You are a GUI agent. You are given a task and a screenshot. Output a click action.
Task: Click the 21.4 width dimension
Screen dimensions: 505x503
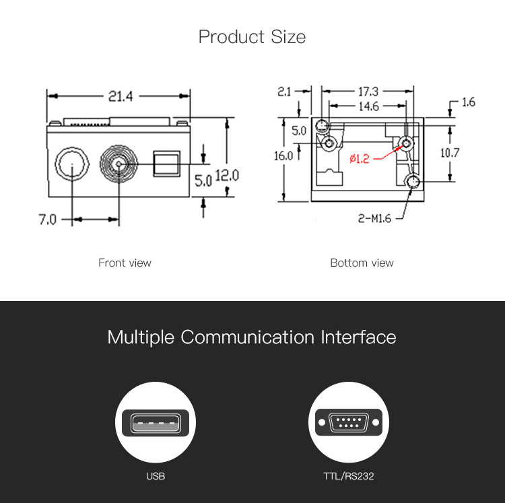click(x=121, y=96)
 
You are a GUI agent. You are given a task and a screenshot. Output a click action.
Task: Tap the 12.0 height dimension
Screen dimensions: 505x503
click(x=227, y=175)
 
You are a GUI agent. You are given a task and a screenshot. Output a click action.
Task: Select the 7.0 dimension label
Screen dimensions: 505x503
click(x=47, y=220)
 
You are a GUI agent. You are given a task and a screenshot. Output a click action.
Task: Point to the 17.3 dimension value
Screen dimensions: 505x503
click(x=367, y=91)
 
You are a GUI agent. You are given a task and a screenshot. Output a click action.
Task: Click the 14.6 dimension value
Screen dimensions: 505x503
click(x=368, y=106)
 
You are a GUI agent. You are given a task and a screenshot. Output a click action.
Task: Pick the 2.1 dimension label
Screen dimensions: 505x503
click(x=284, y=91)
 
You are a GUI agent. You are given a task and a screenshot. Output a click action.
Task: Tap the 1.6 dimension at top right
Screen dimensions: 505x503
click(x=468, y=102)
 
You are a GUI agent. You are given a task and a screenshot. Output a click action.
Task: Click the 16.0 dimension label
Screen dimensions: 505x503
click(x=283, y=156)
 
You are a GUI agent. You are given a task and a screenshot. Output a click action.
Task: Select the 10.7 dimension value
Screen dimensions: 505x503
click(x=449, y=153)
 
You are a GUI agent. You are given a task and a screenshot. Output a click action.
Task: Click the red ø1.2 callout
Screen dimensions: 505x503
click(x=360, y=159)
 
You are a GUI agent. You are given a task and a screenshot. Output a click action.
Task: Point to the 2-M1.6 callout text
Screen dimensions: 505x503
click(x=374, y=217)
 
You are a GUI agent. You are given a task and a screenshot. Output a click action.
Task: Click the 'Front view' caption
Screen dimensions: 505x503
click(x=125, y=263)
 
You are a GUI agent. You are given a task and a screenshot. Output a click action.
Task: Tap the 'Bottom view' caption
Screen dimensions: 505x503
click(x=362, y=263)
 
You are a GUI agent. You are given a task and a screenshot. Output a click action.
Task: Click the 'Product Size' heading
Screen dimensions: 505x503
click(x=252, y=36)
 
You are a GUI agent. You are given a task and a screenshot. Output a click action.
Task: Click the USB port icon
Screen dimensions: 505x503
click(x=156, y=424)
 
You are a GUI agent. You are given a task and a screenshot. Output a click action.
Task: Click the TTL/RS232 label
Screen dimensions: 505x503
click(x=348, y=476)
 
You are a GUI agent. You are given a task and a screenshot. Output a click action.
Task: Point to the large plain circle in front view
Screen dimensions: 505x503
click(x=71, y=164)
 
